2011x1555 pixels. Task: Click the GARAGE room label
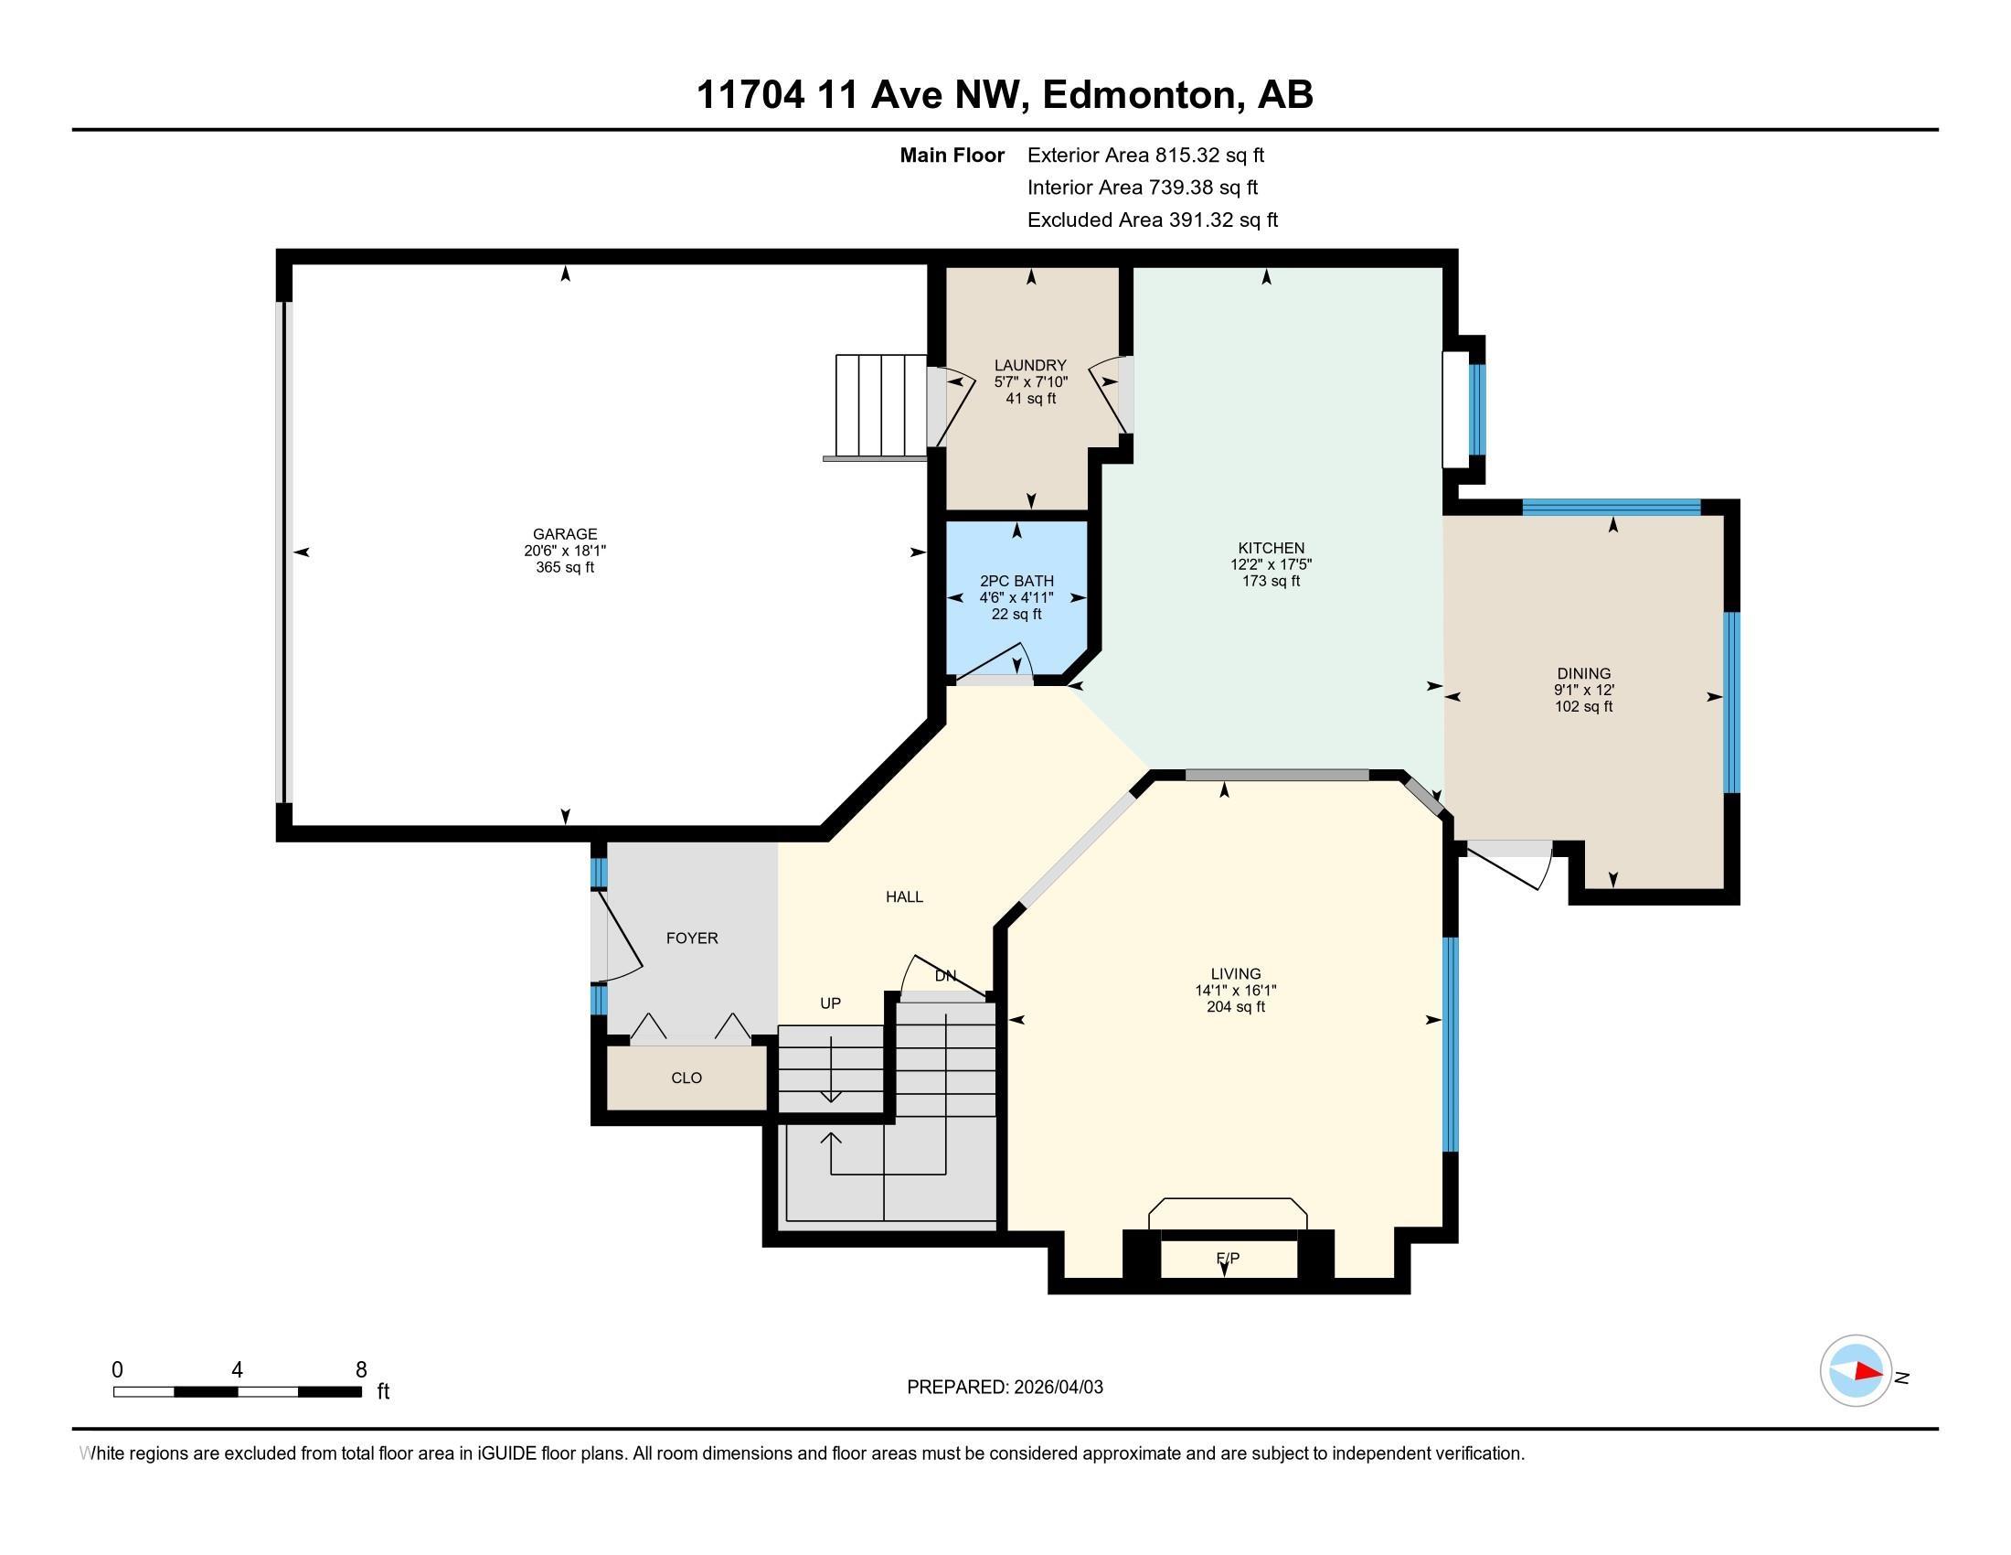tap(564, 533)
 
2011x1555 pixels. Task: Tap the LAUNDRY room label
tap(1030, 366)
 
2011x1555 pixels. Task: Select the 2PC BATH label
tap(1016, 581)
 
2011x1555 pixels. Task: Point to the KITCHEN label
tap(1271, 548)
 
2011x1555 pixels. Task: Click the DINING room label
tap(1584, 673)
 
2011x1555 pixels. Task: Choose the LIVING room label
tap(1236, 974)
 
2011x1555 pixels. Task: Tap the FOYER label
tap(692, 938)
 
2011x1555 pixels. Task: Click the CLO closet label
tap(686, 1078)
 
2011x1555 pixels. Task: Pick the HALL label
tap(904, 896)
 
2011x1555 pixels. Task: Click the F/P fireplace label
tap(1228, 1258)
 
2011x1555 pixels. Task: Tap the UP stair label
tap(831, 1003)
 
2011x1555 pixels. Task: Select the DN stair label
tap(946, 976)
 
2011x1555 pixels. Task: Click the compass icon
tap(1856, 1371)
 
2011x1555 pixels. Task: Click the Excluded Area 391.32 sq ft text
tap(1153, 220)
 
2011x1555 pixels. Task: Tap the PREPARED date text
tap(1005, 1388)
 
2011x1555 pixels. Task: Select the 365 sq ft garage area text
tap(564, 567)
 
